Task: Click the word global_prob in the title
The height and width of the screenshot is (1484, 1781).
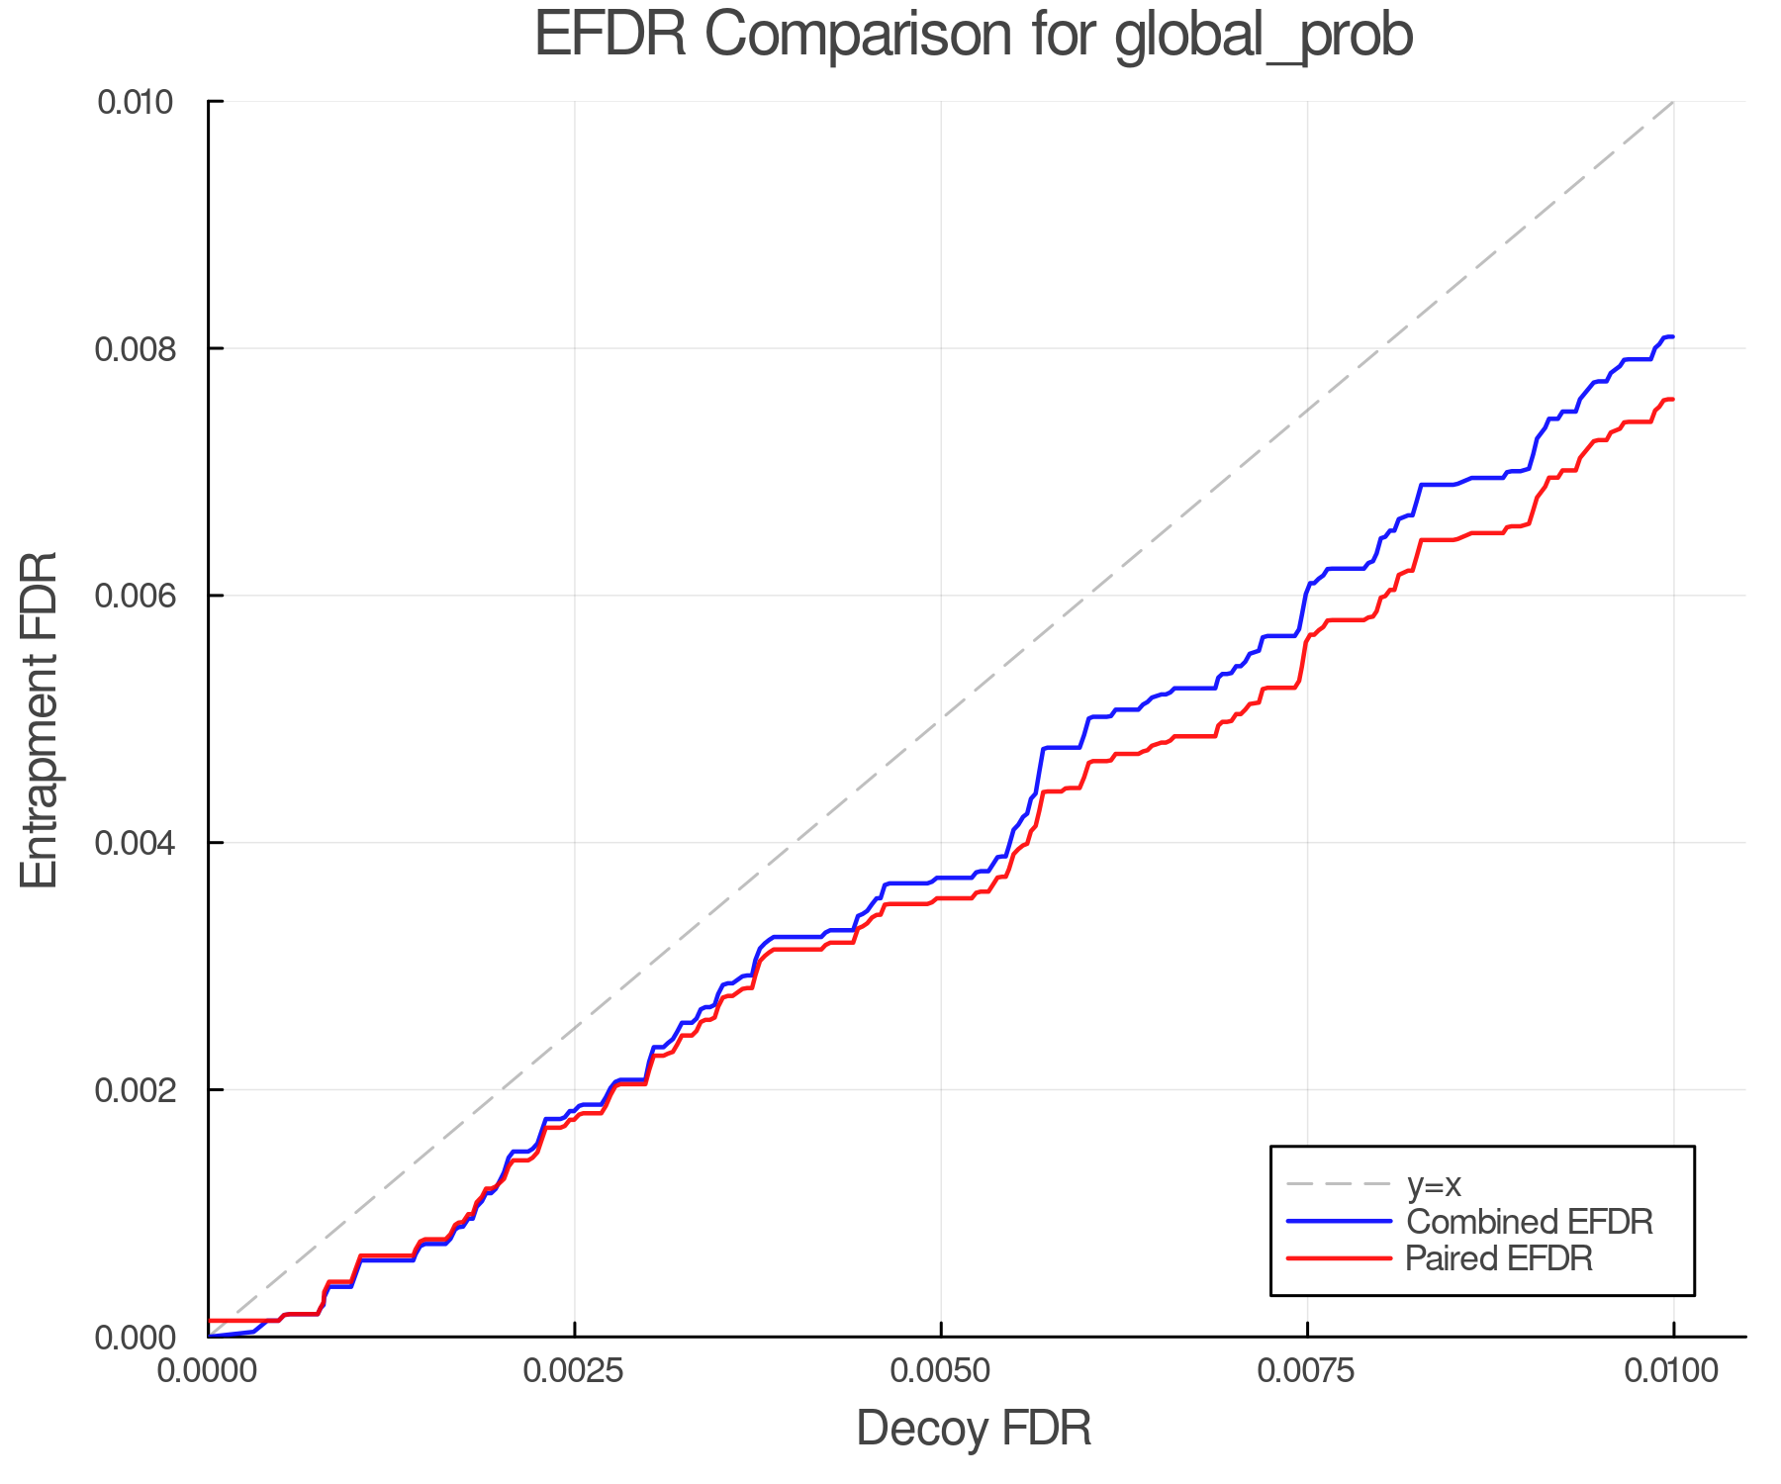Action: coord(1264,38)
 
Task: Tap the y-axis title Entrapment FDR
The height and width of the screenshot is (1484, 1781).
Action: coord(40,719)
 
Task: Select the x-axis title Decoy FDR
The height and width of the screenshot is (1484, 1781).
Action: coord(974,1429)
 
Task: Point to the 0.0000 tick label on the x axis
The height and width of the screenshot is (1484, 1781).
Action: coord(208,1371)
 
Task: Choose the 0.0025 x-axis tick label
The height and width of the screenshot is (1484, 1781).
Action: coord(574,1371)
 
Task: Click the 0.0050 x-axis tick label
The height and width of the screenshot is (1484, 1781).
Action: coord(941,1371)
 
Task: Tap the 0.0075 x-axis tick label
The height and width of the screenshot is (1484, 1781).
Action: coord(1307,1371)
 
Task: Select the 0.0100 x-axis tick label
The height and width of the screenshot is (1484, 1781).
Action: coord(1673,1371)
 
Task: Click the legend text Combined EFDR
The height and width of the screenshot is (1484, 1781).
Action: coord(1529,1222)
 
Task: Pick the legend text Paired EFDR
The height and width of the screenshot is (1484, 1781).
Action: coord(1498,1258)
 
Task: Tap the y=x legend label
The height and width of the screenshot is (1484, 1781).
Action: coord(1434,1184)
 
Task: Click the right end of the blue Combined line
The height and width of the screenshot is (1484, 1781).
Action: coord(1672,337)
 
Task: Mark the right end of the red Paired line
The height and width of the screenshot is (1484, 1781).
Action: coord(1672,400)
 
